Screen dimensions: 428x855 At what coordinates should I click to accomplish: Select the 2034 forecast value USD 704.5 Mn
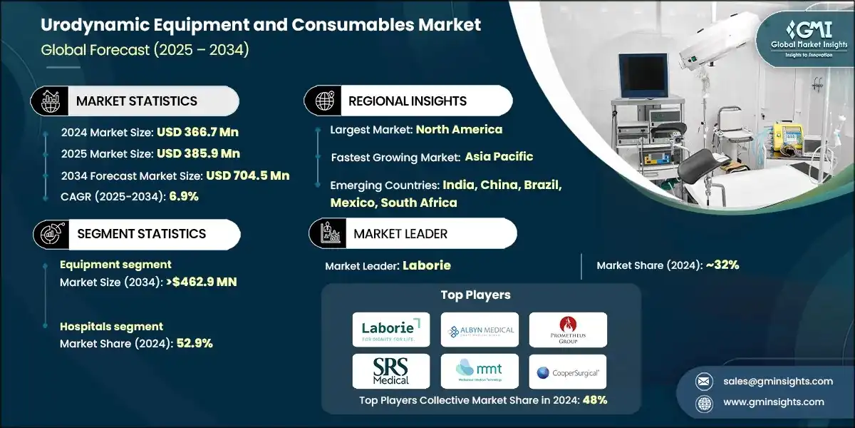tap(247, 175)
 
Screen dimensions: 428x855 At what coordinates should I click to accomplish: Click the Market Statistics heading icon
tap(48, 101)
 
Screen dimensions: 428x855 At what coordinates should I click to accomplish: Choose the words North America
tap(459, 130)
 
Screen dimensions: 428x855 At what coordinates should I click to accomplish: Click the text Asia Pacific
tap(499, 156)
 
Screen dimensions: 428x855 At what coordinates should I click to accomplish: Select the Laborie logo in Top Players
tap(391, 329)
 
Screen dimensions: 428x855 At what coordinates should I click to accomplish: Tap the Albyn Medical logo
tap(480, 330)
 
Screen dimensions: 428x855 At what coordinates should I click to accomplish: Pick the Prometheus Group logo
tap(568, 330)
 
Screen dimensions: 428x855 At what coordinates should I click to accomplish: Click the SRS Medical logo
tap(391, 371)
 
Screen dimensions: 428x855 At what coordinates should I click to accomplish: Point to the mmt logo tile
tap(480, 371)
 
